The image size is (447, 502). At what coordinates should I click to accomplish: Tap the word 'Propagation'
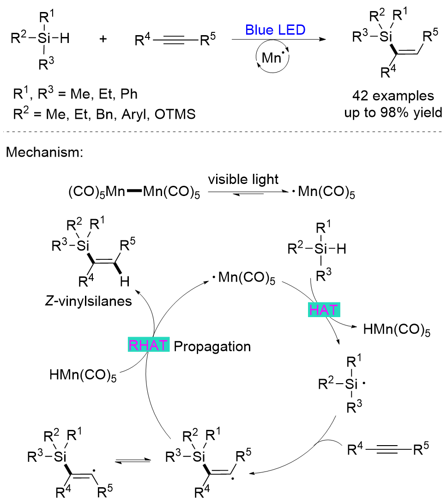point(212,346)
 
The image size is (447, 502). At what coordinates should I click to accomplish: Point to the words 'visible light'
point(243,179)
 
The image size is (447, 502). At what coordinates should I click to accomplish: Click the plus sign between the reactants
point(103,39)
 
